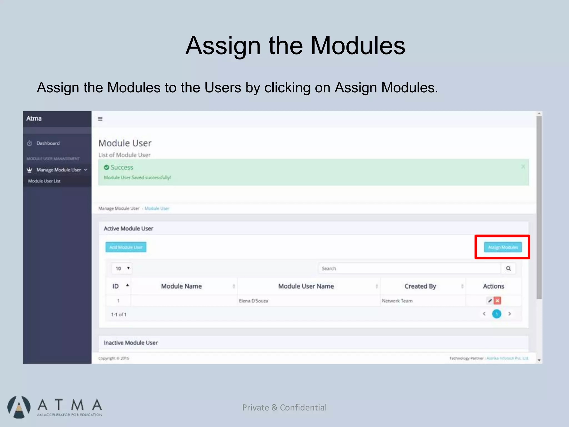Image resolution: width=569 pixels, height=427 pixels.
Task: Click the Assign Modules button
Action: pos(503,247)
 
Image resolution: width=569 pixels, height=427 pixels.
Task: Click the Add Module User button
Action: pos(126,247)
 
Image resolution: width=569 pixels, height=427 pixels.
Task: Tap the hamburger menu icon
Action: pos(100,119)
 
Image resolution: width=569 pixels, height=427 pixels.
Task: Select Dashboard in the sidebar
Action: pos(48,143)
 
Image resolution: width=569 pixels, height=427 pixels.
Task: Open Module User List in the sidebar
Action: pos(44,181)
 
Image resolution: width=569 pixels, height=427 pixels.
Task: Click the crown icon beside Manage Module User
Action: pos(29,170)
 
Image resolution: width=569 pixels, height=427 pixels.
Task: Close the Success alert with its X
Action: pos(523,167)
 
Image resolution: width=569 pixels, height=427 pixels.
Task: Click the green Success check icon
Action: pos(106,167)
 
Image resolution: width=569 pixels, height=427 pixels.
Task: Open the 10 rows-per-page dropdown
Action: pos(122,268)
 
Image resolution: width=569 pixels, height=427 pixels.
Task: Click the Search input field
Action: pos(410,268)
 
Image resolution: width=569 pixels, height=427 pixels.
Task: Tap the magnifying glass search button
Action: pos(508,268)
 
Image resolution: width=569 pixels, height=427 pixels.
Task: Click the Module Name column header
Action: pos(181,286)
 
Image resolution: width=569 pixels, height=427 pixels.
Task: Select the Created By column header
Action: pos(420,286)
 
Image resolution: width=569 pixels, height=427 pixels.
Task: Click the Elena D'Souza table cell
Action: pos(253,301)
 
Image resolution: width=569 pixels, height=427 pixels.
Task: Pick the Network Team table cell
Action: pos(397,301)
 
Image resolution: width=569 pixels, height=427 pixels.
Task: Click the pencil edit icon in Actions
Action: pos(490,301)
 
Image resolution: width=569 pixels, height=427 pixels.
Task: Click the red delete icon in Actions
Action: pos(497,301)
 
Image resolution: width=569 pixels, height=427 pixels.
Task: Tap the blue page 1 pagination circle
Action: pos(496,314)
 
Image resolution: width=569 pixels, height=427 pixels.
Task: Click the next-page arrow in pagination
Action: pos(510,314)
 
